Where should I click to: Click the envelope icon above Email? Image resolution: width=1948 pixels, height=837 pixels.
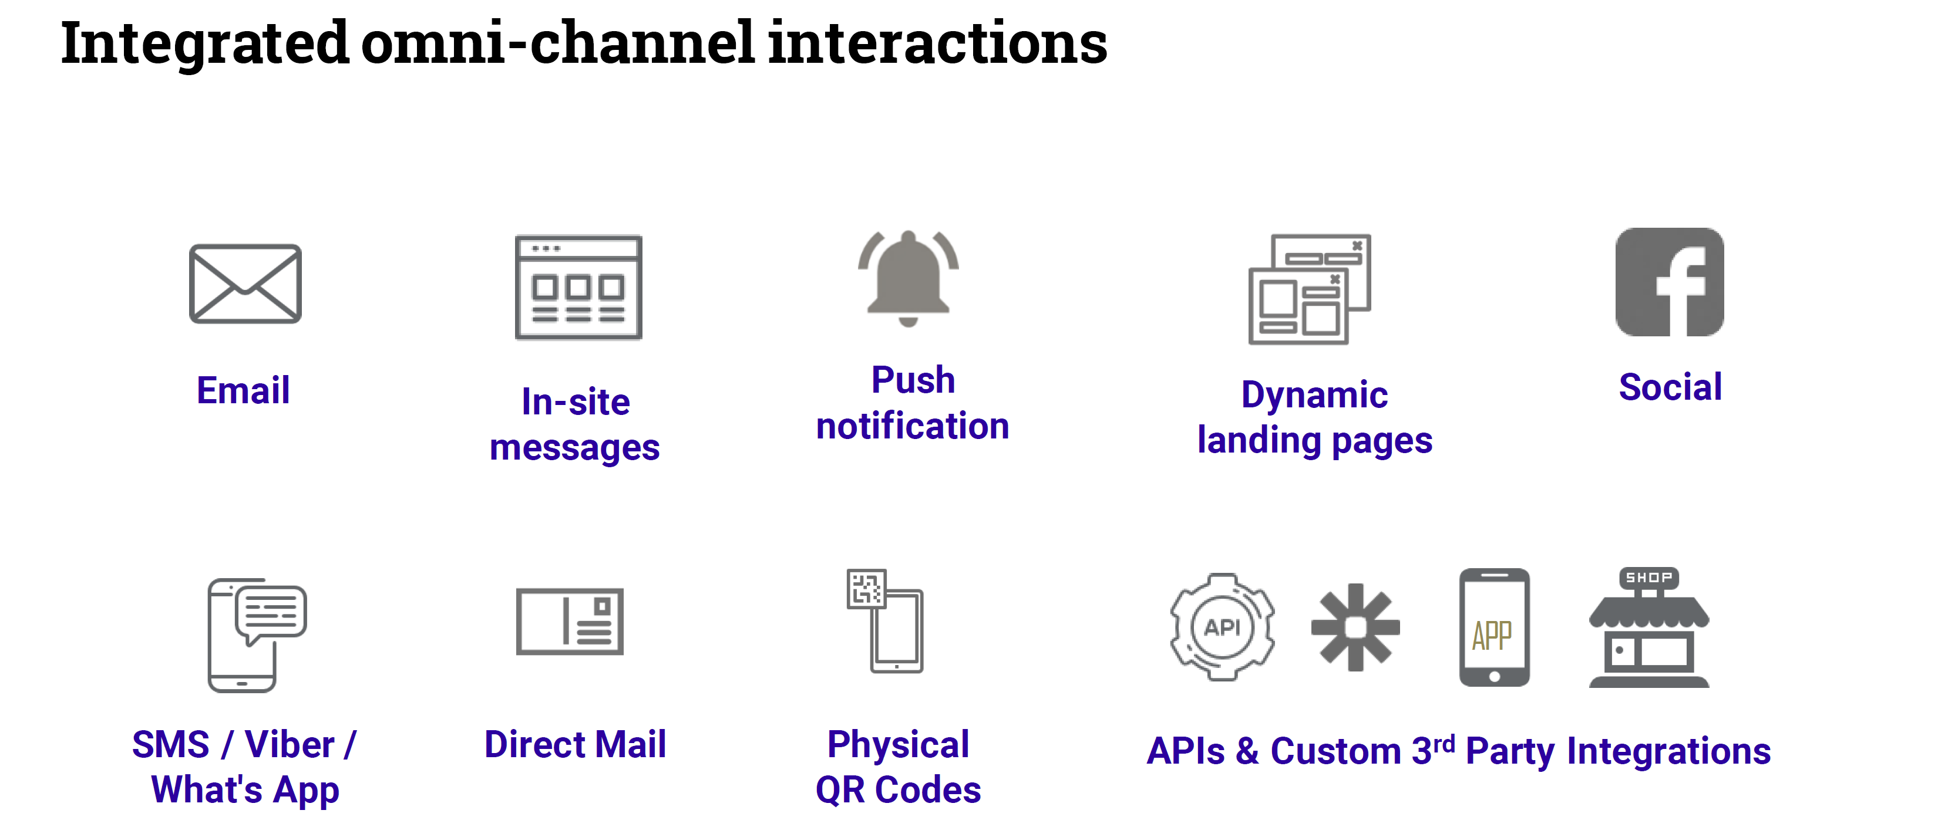click(245, 283)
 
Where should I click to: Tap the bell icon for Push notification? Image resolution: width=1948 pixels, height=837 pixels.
click(908, 278)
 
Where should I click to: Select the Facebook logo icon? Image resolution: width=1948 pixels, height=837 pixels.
click(1670, 282)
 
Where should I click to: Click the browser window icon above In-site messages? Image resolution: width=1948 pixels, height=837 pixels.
click(578, 288)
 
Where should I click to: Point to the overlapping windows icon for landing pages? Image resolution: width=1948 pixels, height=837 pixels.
click(1309, 289)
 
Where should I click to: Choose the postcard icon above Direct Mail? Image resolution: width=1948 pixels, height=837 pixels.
click(570, 621)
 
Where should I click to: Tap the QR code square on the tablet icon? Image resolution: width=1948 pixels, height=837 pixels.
click(866, 588)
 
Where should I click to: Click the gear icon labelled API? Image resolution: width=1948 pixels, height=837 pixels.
click(1222, 627)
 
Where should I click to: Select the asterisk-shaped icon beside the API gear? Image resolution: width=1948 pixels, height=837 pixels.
click(1355, 627)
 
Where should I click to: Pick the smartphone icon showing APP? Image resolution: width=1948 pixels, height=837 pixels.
click(1493, 627)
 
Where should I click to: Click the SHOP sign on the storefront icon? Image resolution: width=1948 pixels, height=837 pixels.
click(1648, 578)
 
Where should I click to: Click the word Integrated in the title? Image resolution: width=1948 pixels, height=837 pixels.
click(204, 44)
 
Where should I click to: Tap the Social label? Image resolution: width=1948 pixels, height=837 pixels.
click(1670, 387)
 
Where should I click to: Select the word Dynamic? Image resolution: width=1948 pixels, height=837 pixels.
click(1314, 394)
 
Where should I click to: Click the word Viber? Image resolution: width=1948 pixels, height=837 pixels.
click(290, 745)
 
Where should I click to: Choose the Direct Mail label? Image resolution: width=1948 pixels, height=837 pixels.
click(575, 745)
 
